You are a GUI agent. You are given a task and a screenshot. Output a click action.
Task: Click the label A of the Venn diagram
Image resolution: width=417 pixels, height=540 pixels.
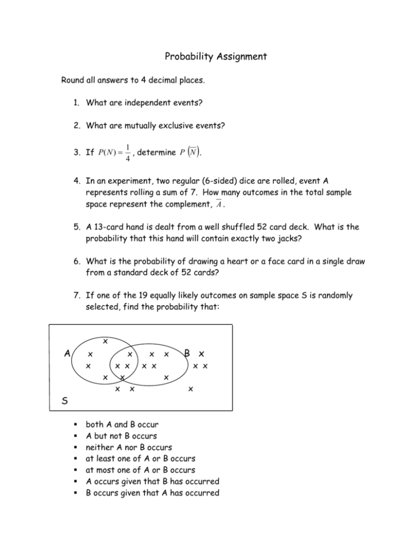pyautogui.click(x=66, y=354)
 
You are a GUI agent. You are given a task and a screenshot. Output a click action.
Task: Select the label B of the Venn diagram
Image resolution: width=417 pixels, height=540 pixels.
pyautogui.click(x=186, y=354)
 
